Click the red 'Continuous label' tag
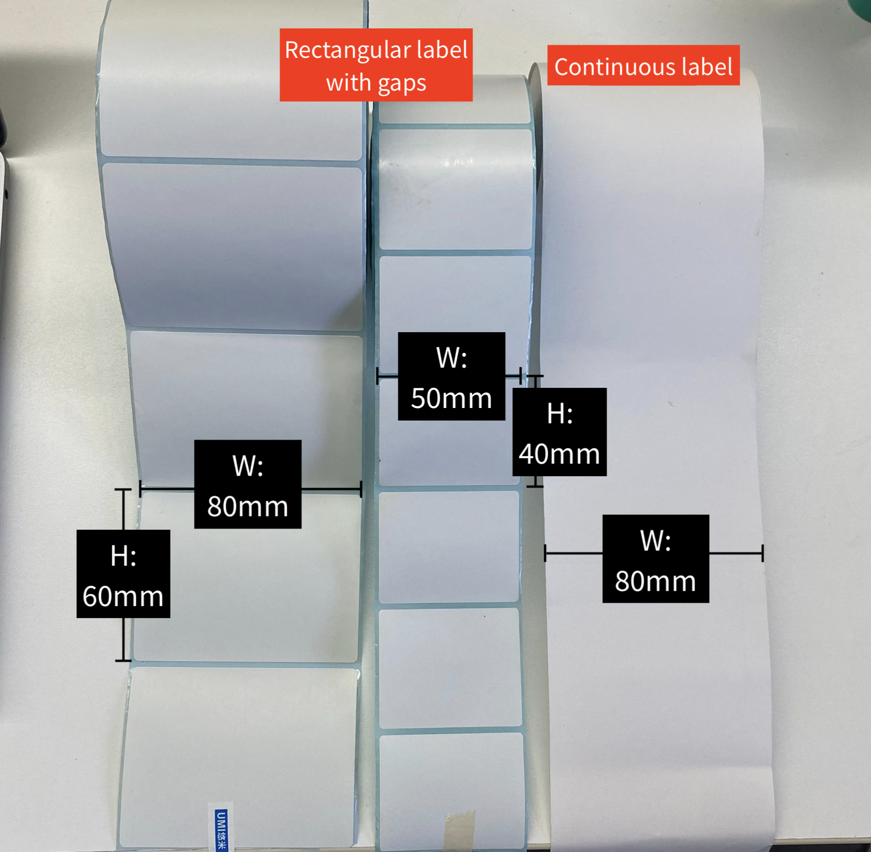(x=643, y=65)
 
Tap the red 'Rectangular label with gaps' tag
(x=376, y=65)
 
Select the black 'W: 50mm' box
(x=451, y=376)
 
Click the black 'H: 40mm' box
(x=559, y=432)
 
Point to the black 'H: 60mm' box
(x=123, y=574)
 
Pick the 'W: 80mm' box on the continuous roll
(x=656, y=559)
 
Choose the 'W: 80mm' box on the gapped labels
(x=247, y=484)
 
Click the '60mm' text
(x=123, y=596)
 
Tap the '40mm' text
(x=559, y=454)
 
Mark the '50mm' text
(x=451, y=398)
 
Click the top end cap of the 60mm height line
(x=123, y=490)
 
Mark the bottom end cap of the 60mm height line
(x=123, y=661)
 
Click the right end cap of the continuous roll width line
(x=763, y=553)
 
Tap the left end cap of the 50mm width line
(x=378, y=376)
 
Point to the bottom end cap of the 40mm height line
(x=535, y=485)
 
